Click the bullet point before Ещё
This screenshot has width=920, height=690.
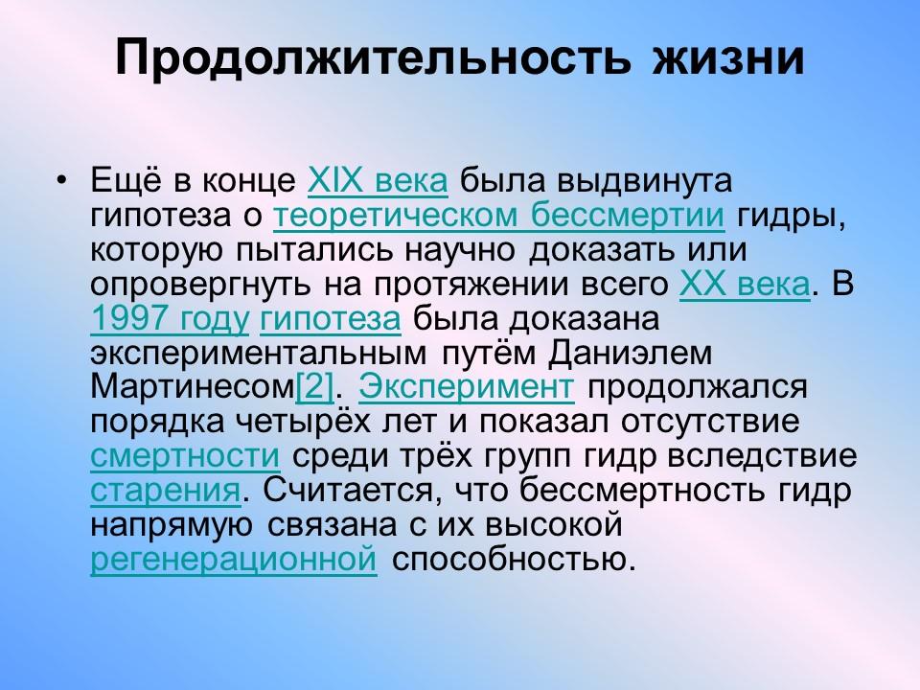(x=62, y=180)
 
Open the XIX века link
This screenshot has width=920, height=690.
(x=377, y=180)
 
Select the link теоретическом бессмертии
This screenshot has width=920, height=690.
(x=498, y=217)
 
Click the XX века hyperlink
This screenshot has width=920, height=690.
(x=744, y=286)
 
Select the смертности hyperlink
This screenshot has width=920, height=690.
(x=185, y=457)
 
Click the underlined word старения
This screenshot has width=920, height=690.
(x=164, y=492)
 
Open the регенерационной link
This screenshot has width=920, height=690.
(x=233, y=560)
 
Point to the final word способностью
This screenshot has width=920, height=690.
(x=513, y=560)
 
